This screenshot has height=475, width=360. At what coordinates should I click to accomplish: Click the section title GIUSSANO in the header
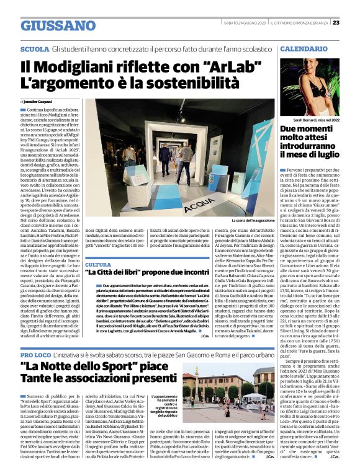(x=58, y=25)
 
